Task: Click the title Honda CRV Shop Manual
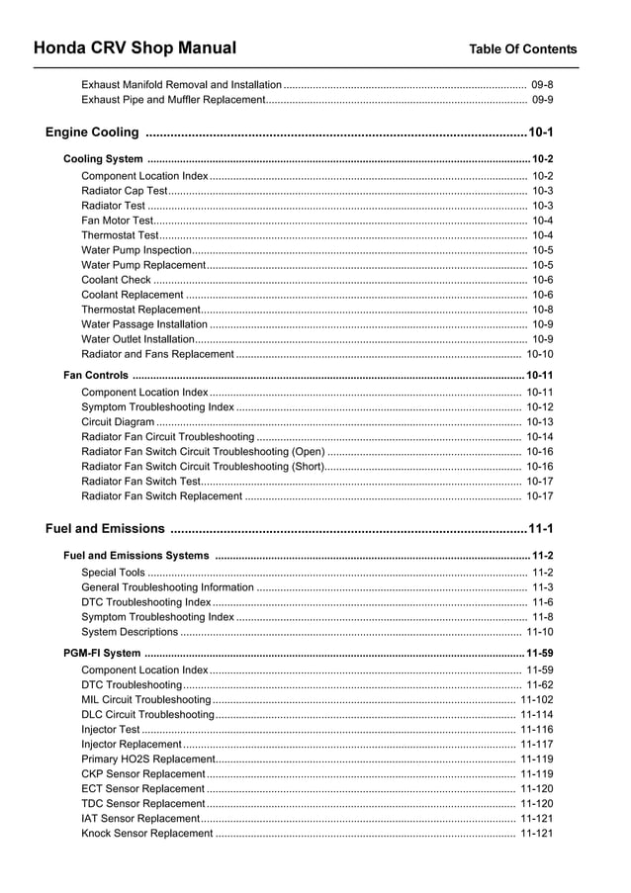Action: pyautogui.click(x=135, y=47)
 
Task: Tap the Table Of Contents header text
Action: pyautogui.click(x=522, y=48)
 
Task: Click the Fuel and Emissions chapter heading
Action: pyautogui.click(x=105, y=528)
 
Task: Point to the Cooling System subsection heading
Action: pyautogui.click(x=103, y=159)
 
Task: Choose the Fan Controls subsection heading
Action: pyautogui.click(x=96, y=376)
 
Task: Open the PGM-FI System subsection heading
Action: pyautogui.click(x=102, y=654)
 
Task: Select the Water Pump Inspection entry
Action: pyautogui.click(x=136, y=251)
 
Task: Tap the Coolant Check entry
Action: pyautogui.click(x=116, y=280)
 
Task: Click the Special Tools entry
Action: pyautogui.click(x=113, y=573)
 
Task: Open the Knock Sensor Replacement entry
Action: pyautogui.click(x=146, y=834)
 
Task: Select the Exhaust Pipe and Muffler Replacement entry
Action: pyautogui.click(x=173, y=100)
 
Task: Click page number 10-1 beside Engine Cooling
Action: pyautogui.click(x=541, y=133)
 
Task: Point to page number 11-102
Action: pyautogui.click(x=536, y=700)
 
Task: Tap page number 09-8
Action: pyautogui.click(x=542, y=85)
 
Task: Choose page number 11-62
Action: pyautogui.click(x=539, y=685)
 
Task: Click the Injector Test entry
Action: pyautogui.click(x=111, y=730)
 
